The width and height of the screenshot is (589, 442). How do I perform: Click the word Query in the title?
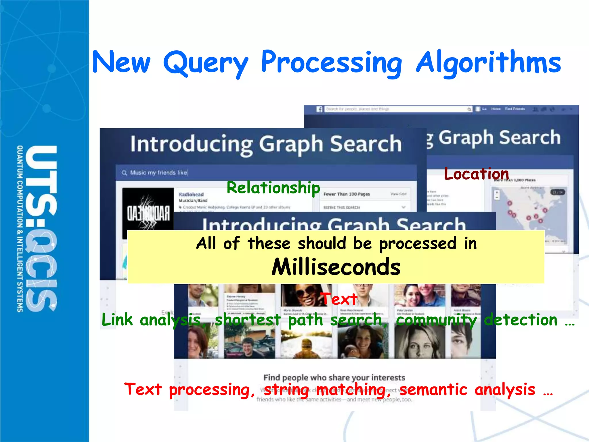205,63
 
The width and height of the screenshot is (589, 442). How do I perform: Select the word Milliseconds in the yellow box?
336,267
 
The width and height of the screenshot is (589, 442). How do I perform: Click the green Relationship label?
273,188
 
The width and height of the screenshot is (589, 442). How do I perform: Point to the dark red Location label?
477,174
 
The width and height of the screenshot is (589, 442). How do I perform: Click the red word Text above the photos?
340,299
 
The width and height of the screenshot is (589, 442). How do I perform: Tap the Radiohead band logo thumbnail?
148,213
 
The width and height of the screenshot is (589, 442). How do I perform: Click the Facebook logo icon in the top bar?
319,109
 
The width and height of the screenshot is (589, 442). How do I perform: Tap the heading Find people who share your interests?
334,377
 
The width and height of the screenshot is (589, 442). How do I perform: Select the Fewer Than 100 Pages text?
347,194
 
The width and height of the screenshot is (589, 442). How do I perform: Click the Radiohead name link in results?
191,195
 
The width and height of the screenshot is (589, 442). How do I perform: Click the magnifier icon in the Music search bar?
124,173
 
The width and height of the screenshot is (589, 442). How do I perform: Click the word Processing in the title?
331,63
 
